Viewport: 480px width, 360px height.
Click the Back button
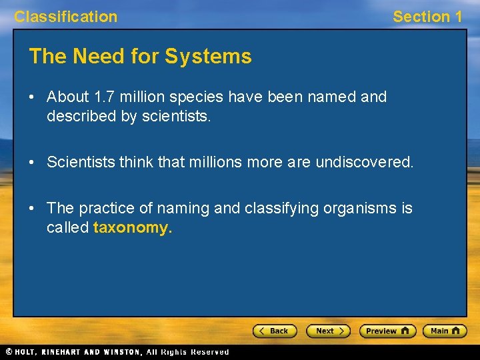point(274,331)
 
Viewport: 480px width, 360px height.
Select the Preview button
point(387,331)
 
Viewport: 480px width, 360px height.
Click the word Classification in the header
point(65,17)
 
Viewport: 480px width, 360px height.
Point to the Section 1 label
point(427,17)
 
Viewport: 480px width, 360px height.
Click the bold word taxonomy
point(133,227)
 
